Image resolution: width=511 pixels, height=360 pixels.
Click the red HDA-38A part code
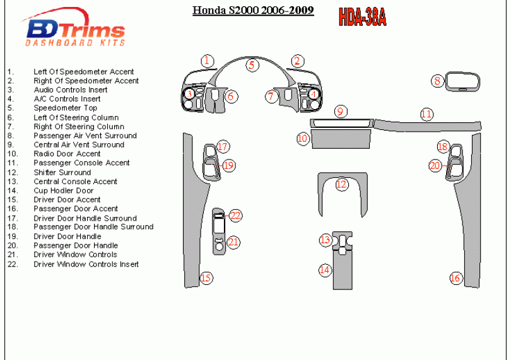(362, 17)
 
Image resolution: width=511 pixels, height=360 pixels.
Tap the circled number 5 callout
(251, 65)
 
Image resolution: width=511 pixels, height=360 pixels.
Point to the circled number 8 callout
(437, 81)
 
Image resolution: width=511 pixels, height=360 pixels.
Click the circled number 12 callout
(341, 185)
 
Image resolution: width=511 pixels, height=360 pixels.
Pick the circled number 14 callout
(324, 270)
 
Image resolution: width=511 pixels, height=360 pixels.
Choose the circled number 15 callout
(206, 278)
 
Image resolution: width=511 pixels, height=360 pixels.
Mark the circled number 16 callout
(455, 278)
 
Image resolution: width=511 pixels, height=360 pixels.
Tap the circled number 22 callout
(235, 216)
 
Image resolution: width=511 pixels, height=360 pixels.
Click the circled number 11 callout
(427, 115)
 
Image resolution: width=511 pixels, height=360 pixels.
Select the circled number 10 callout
(303, 138)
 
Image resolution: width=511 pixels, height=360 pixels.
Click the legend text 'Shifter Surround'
(62, 172)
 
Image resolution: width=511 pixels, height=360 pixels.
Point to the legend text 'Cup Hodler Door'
(63, 190)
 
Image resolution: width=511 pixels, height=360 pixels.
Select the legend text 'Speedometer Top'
(65, 108)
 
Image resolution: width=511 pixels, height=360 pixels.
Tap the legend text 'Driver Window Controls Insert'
(86, 264)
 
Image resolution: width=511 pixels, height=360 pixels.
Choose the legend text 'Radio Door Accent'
(67, 154)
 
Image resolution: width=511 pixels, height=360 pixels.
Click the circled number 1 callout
(207, 61)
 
